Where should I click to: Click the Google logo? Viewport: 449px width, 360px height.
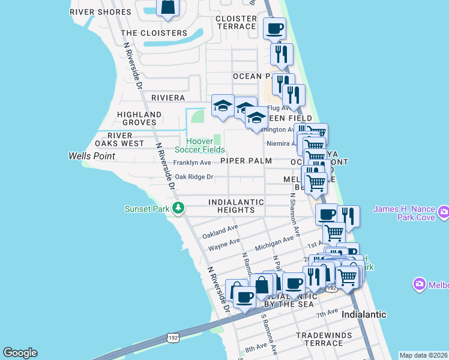[20, 353]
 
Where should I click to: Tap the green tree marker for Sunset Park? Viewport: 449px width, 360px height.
[178, 209]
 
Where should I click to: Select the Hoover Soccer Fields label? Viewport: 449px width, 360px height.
[200, 145]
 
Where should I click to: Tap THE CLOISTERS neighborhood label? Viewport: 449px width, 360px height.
[154, 33]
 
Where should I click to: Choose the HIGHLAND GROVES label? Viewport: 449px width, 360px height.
[139, 118]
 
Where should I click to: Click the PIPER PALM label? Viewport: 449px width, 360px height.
[246, 161]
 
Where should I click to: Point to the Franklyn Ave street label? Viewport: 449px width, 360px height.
[192, 163]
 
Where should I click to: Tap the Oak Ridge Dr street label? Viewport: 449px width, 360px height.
[194, 177]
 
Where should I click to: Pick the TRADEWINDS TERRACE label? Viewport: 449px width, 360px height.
[320, 339]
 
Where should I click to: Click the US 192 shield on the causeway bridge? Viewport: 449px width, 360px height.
[172, 335]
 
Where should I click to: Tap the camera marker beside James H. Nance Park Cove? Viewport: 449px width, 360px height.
[444, 211]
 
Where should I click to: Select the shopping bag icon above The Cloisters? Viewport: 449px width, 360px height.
[168, 7]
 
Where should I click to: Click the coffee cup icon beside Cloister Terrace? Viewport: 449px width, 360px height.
[274, 28]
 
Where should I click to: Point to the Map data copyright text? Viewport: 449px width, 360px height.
[423, 355]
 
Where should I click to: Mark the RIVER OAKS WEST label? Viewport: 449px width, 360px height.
[119, 139]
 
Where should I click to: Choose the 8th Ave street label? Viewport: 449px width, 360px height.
[255, 347]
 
